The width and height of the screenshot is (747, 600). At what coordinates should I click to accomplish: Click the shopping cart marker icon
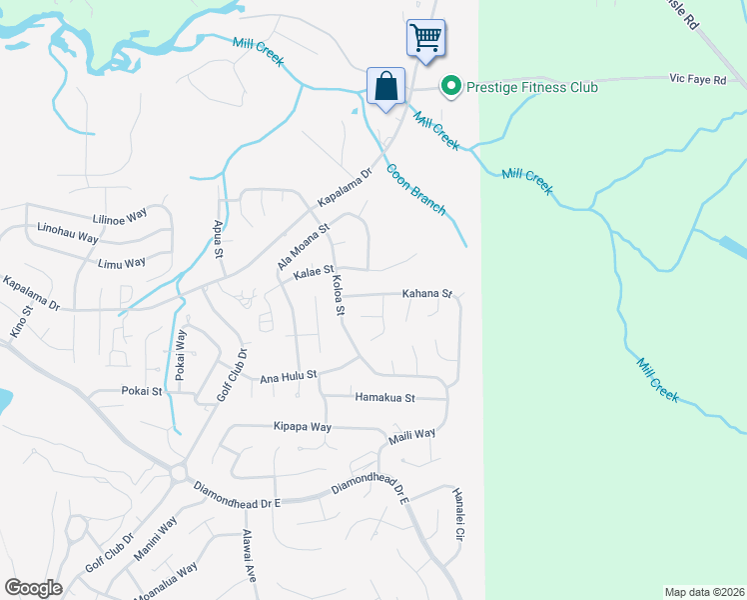point(425,39)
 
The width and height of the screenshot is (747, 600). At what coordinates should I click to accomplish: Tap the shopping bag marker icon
point(385,86)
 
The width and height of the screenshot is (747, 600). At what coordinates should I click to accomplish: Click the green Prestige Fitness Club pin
point(451,87)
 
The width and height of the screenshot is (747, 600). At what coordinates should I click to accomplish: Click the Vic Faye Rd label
point(696,79)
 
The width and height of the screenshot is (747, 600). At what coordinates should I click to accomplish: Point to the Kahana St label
point(427,294)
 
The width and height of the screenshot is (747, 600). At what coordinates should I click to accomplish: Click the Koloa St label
point(338,295)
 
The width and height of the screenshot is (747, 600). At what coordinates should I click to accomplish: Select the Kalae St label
point(313,270)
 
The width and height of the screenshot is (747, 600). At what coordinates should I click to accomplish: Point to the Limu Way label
point(122,262)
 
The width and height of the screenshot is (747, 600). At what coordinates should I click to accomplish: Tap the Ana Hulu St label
point(288,377)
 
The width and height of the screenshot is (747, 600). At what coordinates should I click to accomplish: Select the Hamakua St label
point(384,397)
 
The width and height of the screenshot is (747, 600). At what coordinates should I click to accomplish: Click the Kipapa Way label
point(302,426)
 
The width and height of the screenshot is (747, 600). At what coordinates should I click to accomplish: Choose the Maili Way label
point(411,435)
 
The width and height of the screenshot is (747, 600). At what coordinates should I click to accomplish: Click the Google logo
point(33,587)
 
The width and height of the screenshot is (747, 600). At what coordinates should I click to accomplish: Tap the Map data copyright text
point(703,592)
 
